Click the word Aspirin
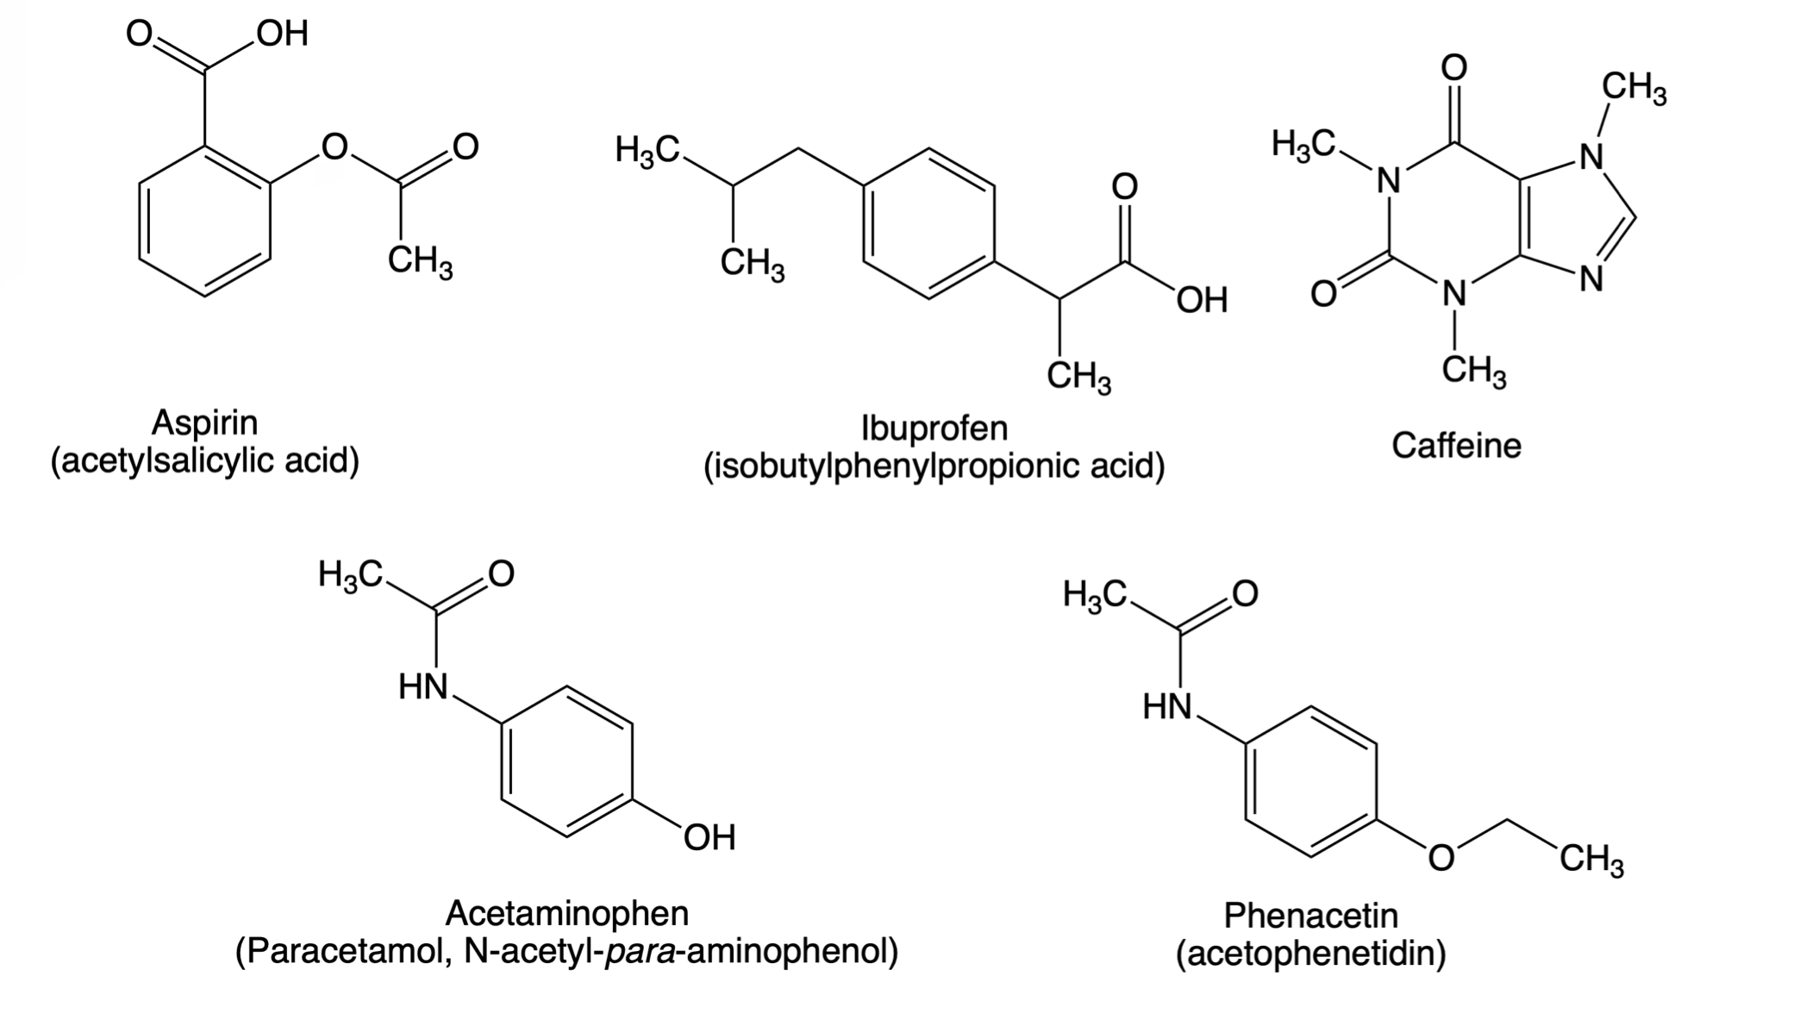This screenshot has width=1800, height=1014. point(204,422)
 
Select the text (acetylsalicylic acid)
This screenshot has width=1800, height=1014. point(204,461)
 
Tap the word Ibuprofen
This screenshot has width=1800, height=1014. point(934,428)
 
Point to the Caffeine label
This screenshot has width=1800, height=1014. point(1456,446)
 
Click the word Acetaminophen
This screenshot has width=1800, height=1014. point(567,913)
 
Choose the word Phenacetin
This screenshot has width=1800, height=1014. point(1310,915)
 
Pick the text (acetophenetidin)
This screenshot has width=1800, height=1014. point(1310,954)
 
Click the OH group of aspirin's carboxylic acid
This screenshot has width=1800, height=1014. point(282,34)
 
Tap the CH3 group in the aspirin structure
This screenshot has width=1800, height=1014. point(420,261)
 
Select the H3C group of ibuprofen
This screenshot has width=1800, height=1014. point(647,150)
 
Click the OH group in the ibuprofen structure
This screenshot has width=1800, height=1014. point(1203,300)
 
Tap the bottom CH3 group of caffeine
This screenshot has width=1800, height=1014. point(1474,372)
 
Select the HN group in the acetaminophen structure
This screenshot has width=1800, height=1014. point(424,687)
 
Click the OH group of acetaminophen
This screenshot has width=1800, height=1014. point(709,837)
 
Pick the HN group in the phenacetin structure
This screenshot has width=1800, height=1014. point(1168,708)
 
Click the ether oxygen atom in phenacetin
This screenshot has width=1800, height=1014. point(1441,858)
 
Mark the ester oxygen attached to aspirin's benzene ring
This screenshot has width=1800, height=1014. point(334,147)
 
